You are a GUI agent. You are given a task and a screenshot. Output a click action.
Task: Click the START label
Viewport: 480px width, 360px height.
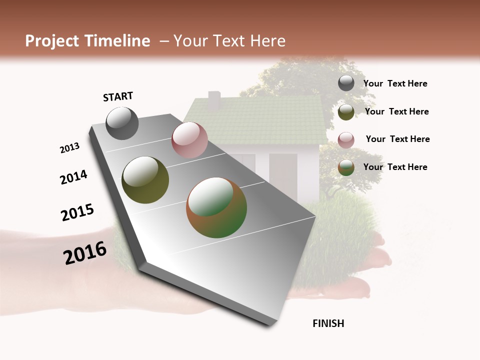pos(118,96)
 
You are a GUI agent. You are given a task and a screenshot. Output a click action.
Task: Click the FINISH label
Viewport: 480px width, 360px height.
pos(328,323)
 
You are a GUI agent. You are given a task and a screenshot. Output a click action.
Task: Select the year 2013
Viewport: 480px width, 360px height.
pos(69,148)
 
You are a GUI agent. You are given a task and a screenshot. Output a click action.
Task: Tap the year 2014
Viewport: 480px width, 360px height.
pos(73,177)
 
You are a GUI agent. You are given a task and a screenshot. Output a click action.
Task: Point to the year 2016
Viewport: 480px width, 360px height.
pos(85,252)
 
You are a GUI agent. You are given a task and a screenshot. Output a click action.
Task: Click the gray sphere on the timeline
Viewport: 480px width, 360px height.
pos(122,123)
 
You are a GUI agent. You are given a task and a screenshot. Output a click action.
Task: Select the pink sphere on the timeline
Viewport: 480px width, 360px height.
pos(189,140)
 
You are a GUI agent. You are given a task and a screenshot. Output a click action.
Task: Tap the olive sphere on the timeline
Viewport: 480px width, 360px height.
pos(145,180)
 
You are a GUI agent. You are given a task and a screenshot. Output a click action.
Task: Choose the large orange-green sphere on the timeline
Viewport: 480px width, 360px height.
pos(216,207)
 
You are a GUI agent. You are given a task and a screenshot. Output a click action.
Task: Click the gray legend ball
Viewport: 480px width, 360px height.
pos(346,83)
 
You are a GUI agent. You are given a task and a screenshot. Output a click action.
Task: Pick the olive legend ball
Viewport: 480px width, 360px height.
pos(346,112)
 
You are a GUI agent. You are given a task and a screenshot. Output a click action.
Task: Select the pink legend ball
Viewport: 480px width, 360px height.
pos(346,140)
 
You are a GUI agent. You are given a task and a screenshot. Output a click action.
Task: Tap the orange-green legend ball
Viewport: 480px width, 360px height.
pos(346,167)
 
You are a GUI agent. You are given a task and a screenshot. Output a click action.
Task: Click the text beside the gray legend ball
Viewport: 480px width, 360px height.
pos(395,83)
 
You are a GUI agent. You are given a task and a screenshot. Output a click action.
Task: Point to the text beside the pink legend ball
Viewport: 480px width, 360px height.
pos(397,139)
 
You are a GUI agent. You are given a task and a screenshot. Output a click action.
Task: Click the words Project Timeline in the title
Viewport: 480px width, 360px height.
pos(87,41)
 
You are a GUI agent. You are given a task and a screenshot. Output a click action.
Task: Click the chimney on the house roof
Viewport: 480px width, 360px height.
pos(214,100)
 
